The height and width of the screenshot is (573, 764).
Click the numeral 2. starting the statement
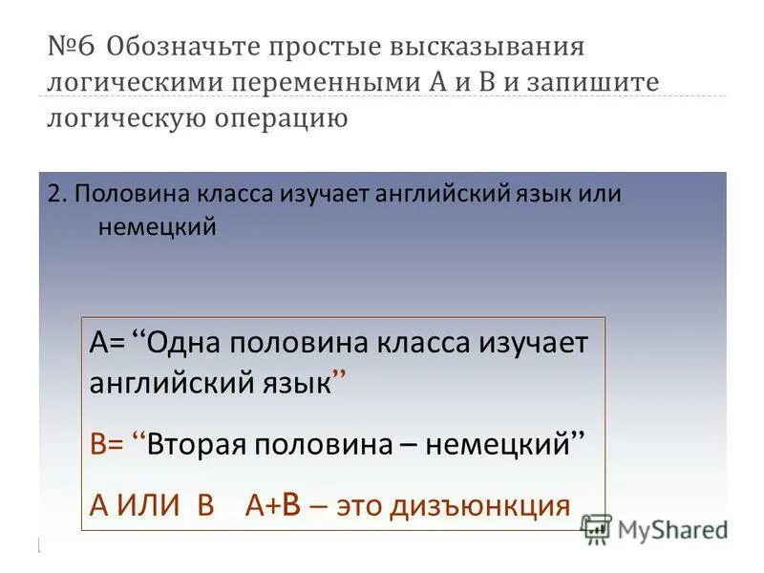[56, 193]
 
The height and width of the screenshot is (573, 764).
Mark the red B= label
[104, 443]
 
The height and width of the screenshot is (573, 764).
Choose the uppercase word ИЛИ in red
[149, 504]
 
